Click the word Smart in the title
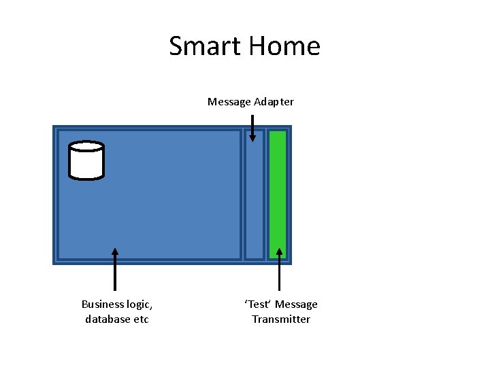[x=205, y=46]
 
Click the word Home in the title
[x=284, y=46]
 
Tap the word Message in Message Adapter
[x=229, y=102]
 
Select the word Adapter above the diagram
[x=274, y=102]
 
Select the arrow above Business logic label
[x=115, y=272]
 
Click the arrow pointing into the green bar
[x=279, y=272]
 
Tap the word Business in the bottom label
[x=102, y=304]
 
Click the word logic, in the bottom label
[x=138, y=304]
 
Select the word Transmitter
[x=281, y=319]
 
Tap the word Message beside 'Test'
[x=296, y=304]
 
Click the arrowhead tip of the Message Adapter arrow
[x=252, y=139]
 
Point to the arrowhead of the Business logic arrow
[x=115, y=251]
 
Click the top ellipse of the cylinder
[x=86, y=146]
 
